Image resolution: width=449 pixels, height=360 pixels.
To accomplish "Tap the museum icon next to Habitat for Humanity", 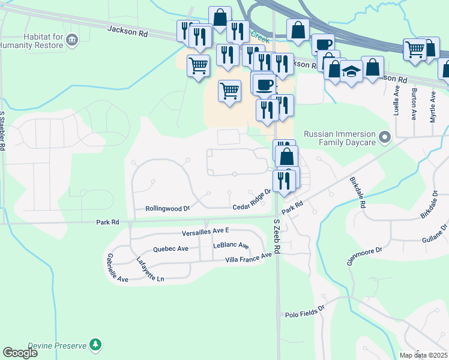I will click(72, 40).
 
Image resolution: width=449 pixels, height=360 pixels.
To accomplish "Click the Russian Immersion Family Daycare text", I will click(339, 138).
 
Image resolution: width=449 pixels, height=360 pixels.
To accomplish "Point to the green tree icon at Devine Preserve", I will click(95, 344).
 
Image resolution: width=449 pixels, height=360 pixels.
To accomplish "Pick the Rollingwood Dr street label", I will click(167, 209).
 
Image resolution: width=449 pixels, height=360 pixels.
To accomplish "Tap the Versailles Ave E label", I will click(206, 232).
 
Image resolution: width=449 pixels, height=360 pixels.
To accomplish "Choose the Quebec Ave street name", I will click(171, 248).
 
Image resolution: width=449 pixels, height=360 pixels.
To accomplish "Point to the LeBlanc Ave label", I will click(231, 246).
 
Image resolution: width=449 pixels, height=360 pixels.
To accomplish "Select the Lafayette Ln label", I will click(149, 269).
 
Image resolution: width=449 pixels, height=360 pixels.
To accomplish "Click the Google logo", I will click(20, 352).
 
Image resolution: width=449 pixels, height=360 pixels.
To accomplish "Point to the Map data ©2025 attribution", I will click(423, 355).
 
